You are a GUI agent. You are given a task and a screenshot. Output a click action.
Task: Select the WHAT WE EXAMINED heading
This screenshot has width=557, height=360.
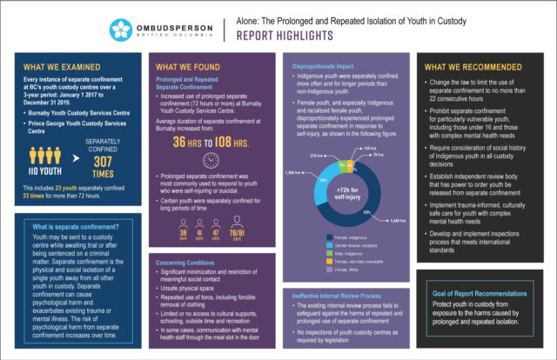coord(57,67)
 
